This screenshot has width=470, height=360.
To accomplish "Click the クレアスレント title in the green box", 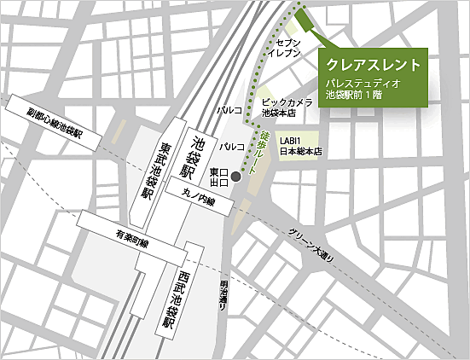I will (374, 65).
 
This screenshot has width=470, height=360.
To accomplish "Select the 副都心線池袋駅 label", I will (55, 124).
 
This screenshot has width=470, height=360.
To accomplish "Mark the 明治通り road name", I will (223, 295).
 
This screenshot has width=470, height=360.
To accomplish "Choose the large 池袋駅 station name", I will (200, 153).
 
